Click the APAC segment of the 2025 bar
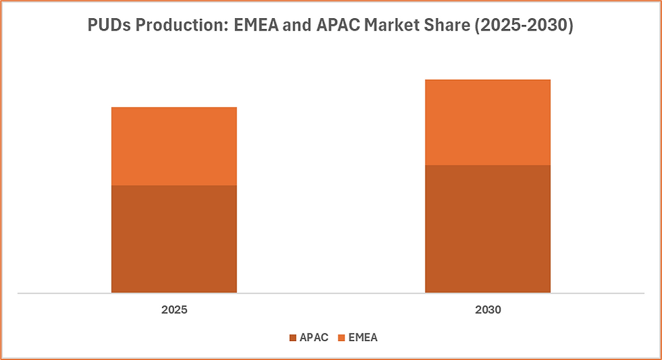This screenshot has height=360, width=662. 174,238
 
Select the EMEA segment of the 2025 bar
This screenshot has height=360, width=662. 174,146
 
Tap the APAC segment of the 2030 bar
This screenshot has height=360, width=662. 487,228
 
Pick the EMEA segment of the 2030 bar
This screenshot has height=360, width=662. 487,122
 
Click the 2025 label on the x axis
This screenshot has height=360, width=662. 174,311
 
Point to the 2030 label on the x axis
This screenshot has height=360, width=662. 487,311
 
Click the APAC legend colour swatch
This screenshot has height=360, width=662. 292,338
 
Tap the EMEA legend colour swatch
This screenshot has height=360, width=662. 341,338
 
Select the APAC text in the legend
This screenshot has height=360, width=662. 313,338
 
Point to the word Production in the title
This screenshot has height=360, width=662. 178,26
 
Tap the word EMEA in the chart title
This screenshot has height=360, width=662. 255,26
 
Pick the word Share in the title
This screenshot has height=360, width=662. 441,26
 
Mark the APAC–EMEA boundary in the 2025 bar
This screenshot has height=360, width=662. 174,186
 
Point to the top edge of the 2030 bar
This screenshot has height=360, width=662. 487,80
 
